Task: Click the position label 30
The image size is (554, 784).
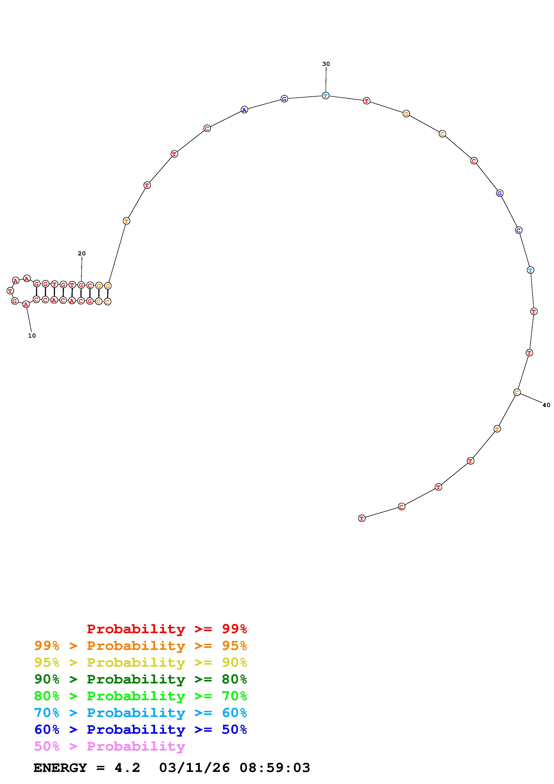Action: pos(326,64)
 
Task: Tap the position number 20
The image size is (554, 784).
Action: pos(82,253)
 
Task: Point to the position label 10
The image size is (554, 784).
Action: pos(32,336)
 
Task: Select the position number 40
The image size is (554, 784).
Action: pos(546,405)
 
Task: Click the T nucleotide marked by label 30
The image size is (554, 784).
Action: pos(326,96)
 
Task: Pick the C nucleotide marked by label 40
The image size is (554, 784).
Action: pos(517,392)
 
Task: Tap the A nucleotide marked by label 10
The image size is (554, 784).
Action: pos(26,304)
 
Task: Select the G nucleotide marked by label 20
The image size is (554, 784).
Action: pos(81,285)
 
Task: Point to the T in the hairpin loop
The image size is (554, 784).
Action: pos(10,291)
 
